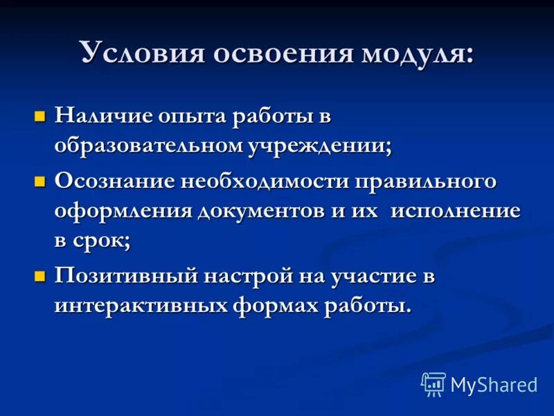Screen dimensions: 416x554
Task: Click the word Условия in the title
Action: (x=136, y=53)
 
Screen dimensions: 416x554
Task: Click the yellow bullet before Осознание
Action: (x=40, y=181)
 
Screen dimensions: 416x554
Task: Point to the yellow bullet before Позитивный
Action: (x=40, y=276)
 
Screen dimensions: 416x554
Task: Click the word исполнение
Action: (x=456, y=211)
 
